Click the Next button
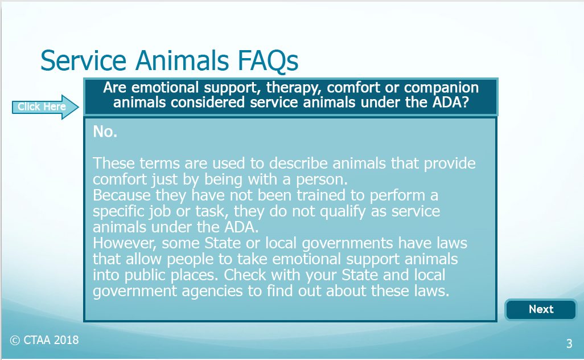click(541, 309)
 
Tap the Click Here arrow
click(45, 107)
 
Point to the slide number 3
click(569, 343)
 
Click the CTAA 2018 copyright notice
click(44, 340)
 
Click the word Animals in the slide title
click(182, 60)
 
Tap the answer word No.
click(105, 132)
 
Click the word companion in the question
click(441, 88)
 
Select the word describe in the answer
click(298, 163)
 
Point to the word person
click(322, 180)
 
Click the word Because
click(122, 195)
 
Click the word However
click(125, 243)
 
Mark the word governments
click(347, 244)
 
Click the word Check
click(245, 275)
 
